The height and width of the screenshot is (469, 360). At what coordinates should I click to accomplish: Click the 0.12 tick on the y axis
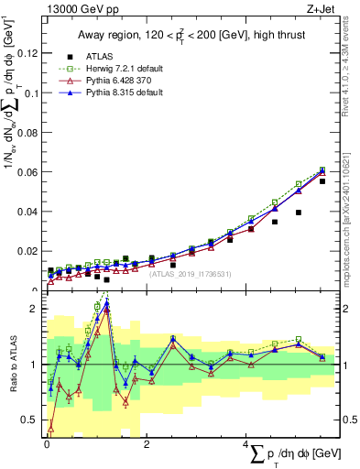point(31,53)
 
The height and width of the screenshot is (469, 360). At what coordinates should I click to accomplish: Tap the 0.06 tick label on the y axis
point(31,172)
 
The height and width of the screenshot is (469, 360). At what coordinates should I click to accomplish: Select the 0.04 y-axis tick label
point(31,212)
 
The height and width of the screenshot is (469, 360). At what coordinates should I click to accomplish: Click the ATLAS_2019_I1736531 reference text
point(191,273)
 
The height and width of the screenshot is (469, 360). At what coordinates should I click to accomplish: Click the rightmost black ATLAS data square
point(322,181)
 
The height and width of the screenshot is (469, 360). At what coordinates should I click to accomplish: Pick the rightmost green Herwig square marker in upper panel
point(322,169)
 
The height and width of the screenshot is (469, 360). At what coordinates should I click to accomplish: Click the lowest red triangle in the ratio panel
point(50,428)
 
